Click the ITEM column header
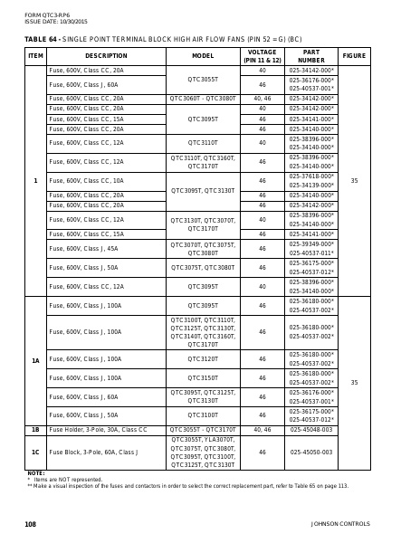pyautogui.click(x=35, y=55)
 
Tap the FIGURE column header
pyautogui.click(x=354, y=55)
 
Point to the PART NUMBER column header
pyautogui.click(x=311, y=55)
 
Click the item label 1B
pyautogui.click(x=35, y=429)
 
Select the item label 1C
pyautogui.click(x=35, y=452)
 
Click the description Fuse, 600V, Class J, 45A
pyautogui.click(x=83, y=248)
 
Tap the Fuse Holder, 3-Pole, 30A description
pyautogui.click(x=97, y=429)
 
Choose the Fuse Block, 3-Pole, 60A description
pyautogui.click(x=96, y=452)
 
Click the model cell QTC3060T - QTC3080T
pyautogui.click(x=203, y=98)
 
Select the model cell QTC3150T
pyautogui.click(x=203, y=378)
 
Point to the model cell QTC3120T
pyautogui.click(x=203, y=359)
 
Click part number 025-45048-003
pyautogui.click(x=311, y=429)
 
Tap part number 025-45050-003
pyautogui.click(x=311, y=452)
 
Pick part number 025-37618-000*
pyautogui.click(x=311, y=176)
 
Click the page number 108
pyautogui.click(x=30, y=524)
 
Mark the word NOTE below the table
pyautogui.click(x=35, y=473)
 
